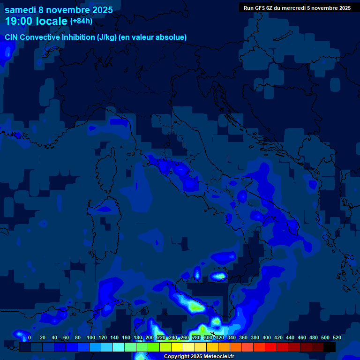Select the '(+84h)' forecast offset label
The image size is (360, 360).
(x=81, y=21)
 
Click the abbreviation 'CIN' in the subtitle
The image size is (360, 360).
(x=12, y=37)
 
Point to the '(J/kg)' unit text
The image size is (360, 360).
(x=109, y=37)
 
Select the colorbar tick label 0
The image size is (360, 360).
(x=30, y=337)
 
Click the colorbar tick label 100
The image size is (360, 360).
(x=90, y=337)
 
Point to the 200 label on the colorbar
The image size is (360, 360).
(x=150, y=337)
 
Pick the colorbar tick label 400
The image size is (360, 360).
(x=267, y=337)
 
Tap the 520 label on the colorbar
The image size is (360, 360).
(x=337, y=337)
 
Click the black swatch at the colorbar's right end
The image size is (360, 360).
(x=330, y=347)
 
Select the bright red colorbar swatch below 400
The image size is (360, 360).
(x=271, y=347)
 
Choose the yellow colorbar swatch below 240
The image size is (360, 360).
(x=177, y=347)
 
